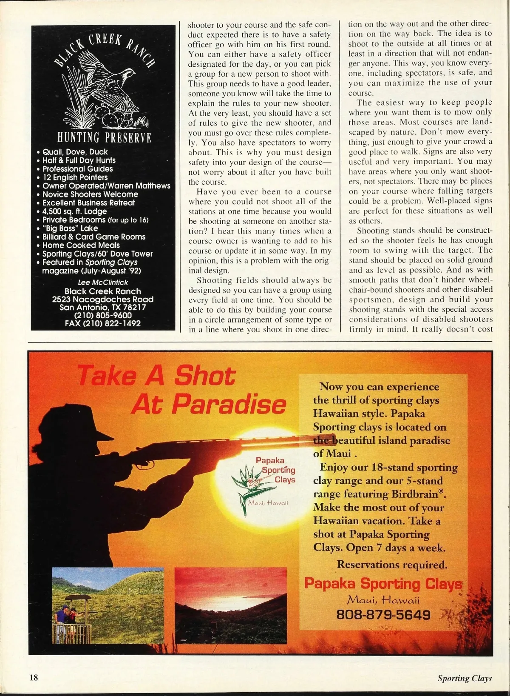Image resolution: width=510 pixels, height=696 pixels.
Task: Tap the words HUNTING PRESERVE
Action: [104, 138]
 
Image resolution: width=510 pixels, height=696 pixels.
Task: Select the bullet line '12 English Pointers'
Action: [75, 177]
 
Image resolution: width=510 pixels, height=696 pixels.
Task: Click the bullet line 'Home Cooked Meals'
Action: [81, 245]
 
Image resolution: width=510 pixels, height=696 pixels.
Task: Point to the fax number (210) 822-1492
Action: [102, 323]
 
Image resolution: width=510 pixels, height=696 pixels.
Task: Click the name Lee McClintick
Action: [103, 282]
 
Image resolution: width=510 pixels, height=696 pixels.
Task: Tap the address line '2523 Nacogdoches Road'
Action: [103, 300]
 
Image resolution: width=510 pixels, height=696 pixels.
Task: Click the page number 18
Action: [34, 677]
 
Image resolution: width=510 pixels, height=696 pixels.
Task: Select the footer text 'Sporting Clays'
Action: [465, 678]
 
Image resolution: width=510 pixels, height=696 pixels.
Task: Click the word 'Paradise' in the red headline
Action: [209, 404]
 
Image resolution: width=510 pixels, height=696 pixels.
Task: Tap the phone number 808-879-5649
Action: [383, 615]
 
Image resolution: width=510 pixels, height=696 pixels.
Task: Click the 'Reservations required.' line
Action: [392, 565]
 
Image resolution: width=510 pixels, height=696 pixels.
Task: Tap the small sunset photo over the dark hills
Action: [230, 604]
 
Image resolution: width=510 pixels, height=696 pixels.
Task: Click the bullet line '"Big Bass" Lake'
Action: [70, 228]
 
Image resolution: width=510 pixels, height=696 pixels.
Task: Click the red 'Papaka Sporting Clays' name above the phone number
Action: [383, 584]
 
